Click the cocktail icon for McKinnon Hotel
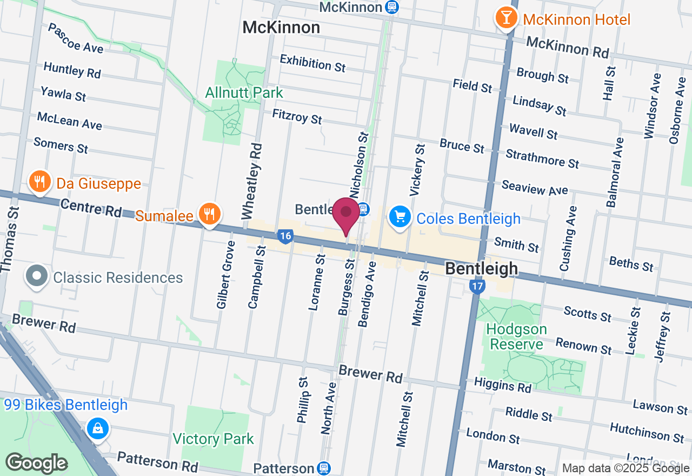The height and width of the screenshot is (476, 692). [506, 18]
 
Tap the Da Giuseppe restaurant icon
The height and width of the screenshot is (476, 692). [39, 182]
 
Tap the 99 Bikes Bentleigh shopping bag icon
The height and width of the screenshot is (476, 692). [98, 429]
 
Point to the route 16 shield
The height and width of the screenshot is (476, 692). [285, 236]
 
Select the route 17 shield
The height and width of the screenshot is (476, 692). [476, 287]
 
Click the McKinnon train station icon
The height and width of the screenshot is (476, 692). [392, 7]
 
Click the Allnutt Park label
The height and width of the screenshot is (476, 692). [244, 93]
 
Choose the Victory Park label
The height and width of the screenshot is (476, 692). [213, 439]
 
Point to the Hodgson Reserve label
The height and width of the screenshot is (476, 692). [516, 336]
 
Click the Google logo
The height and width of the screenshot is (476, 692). [36, 463]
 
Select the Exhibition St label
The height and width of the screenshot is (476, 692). [312, 63]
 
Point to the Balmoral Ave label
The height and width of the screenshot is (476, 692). [615, 173]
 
